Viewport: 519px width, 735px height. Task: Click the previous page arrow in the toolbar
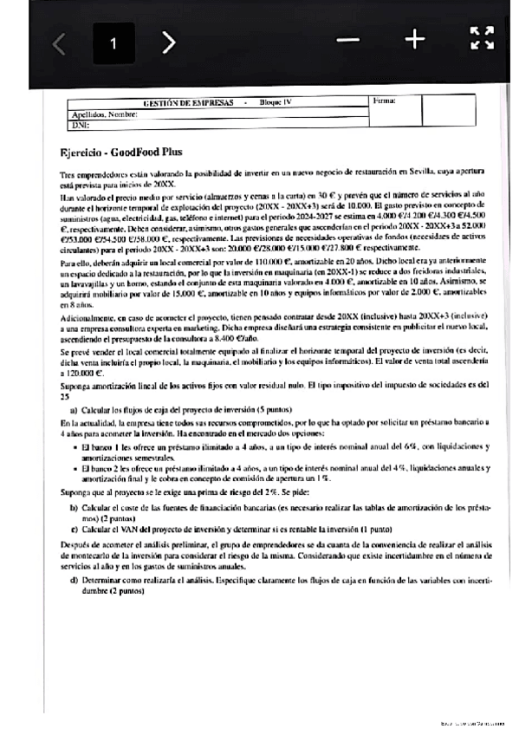point(59,43)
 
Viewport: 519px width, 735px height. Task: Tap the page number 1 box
point(113,43)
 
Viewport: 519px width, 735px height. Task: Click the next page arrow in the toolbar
point(170,42)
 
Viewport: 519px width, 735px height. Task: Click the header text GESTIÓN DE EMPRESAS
point(188,102)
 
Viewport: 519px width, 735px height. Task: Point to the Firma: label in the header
point(384,101)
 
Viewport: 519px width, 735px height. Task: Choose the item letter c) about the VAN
point(75,526)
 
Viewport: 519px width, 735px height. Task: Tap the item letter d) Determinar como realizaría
point(75,578)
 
